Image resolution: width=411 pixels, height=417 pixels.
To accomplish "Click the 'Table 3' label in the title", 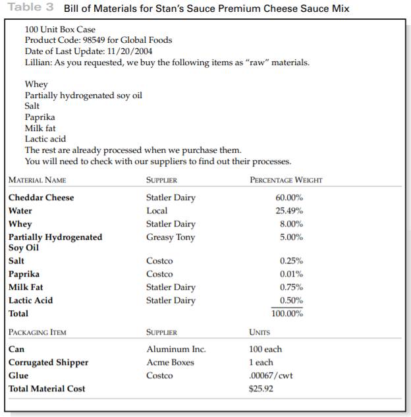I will pos(32,9).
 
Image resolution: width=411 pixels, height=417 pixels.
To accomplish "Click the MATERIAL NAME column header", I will pos(37,180).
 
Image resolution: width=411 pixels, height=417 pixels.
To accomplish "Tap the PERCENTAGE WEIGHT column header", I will pos(286,180).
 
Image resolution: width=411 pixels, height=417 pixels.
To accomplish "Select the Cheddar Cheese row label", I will pos(41,198).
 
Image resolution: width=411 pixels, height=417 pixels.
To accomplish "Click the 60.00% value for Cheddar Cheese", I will pos(288,198).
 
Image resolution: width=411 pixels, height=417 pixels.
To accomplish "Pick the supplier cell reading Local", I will pos(157,211).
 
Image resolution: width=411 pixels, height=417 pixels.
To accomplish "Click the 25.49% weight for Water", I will pos(288,211).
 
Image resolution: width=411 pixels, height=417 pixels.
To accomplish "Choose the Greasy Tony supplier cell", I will pos(170,237).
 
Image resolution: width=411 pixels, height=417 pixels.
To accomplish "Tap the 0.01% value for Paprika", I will pos(291,274).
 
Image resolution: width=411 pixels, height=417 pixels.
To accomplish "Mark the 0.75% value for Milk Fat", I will pos(291,287).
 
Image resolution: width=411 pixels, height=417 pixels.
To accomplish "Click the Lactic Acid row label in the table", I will pos(30,300).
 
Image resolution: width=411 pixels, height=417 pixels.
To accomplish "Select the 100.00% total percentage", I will pos(287,314).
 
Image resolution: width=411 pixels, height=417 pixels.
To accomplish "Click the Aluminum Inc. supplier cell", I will pos(175,349).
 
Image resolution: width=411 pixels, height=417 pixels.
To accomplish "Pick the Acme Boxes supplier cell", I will pos(170,362).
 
